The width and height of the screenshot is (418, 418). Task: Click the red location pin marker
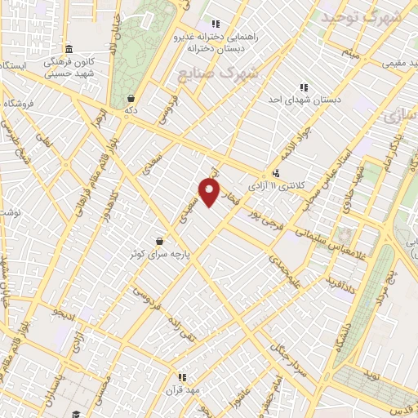coord(211,193)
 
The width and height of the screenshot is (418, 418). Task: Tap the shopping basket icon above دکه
coord(131,98)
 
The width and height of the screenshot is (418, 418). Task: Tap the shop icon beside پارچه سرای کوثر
coord(158,241)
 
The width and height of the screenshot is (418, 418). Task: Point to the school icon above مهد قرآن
coord(182,377)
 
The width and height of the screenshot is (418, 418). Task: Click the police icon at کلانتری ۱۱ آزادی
coord(277,172)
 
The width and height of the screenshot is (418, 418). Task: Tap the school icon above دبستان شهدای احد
coord(304,87)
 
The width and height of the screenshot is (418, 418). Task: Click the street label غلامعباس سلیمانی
coord(314,238)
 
